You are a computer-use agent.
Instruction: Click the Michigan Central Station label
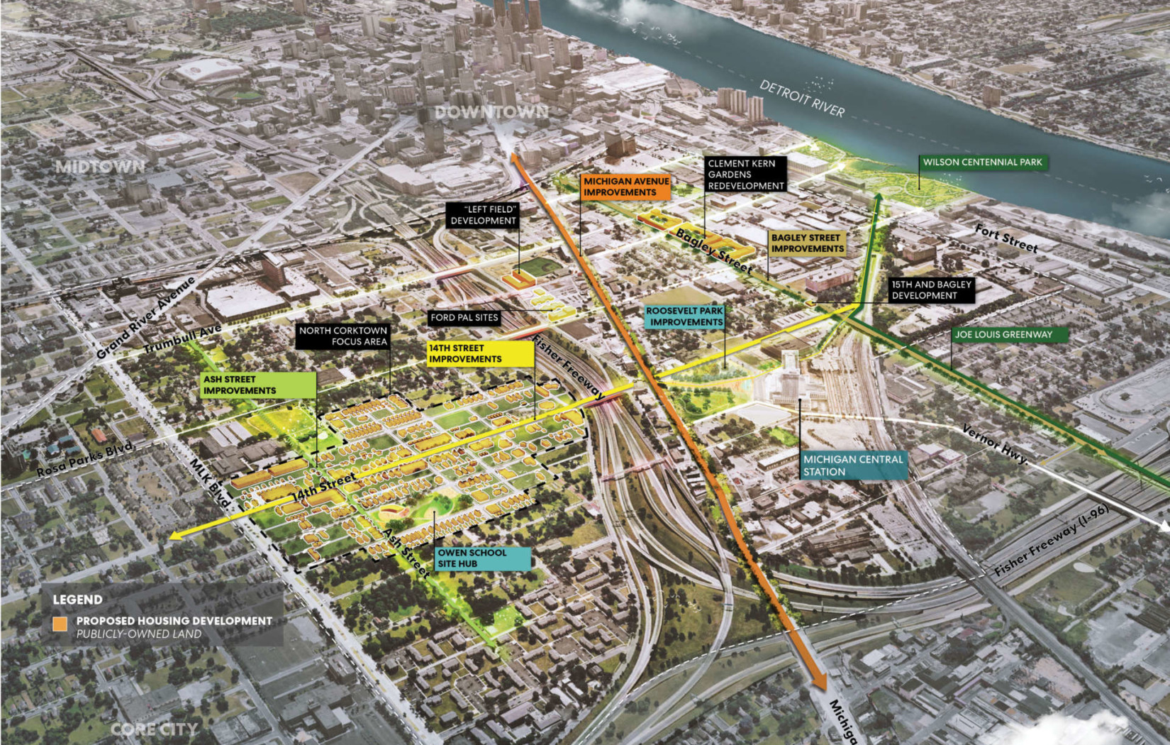[x=853, y=465]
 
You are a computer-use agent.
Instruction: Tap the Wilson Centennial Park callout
[x=982, y=162]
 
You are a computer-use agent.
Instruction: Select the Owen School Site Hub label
[x=482, y=558]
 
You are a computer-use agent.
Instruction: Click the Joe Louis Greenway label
[x=1003, y=335]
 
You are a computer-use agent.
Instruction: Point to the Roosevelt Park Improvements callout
[x=685, y=316]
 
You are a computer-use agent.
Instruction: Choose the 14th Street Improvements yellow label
[x=479, y=353]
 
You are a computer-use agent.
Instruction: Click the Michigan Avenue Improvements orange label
[x=625, y=187]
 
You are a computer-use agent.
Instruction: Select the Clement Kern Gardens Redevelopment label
[x=746, y=175]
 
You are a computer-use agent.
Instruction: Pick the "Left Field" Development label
[x=483, y=215]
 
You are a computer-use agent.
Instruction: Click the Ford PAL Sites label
[x=464, y=318]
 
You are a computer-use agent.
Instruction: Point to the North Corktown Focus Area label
[x=343, y=336]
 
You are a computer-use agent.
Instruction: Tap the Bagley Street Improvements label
[x=807, y=243]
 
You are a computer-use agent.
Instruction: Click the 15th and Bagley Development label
[x=931, y=289]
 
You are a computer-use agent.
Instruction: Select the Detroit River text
[x=802, y=98]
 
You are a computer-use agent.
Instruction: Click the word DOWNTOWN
[x=491, y=112]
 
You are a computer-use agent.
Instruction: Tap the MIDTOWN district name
[x=101, y=167]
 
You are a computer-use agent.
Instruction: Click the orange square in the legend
[x=60, y=624]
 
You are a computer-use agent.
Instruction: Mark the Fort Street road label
[x=1005, y=238]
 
